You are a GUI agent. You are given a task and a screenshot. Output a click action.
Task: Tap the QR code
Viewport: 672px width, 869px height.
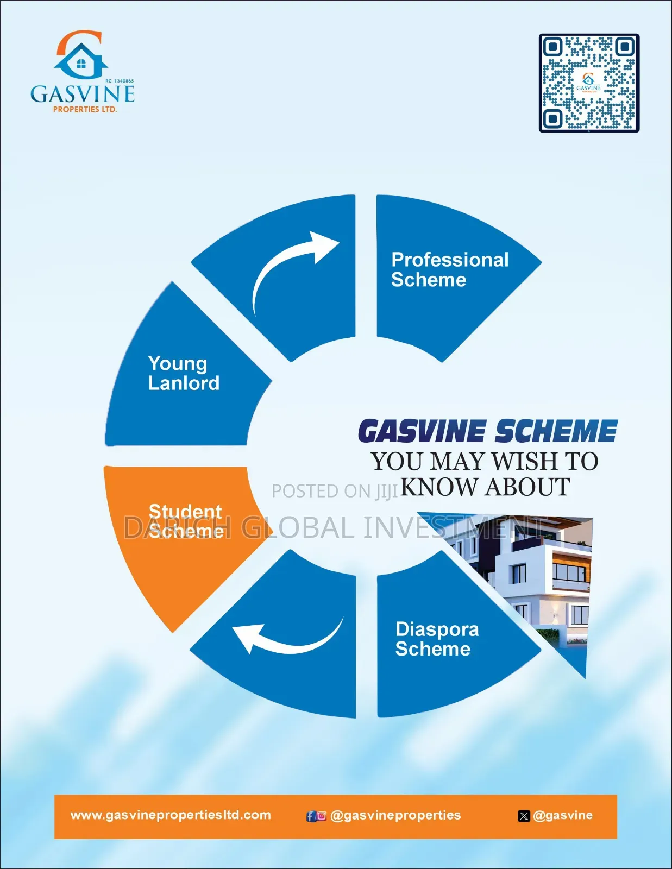point(589,83)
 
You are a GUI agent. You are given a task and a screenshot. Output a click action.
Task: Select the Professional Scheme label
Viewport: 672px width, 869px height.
point(450,269)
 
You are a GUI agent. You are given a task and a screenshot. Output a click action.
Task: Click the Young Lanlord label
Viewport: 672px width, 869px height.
point(184,373)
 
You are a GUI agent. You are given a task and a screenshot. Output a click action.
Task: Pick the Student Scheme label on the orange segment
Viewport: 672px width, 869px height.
point(186,521)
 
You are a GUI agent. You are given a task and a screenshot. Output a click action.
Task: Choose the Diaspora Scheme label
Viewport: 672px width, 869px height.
point(437,639)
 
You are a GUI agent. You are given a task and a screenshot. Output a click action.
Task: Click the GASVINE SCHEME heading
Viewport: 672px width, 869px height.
point(488,431)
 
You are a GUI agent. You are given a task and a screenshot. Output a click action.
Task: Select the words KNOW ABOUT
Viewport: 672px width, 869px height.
point(485,487)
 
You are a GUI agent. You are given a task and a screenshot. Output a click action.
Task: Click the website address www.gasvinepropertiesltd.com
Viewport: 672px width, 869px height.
point(171,815)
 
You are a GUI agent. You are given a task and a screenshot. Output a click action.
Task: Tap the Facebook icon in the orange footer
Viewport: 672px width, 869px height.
point(311,816)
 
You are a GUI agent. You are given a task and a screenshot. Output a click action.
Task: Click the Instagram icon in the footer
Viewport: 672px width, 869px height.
point(322,816)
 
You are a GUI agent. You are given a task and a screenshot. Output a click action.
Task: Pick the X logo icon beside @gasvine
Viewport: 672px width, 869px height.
point(524,816)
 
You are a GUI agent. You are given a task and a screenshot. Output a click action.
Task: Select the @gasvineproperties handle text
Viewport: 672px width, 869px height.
point(395,815)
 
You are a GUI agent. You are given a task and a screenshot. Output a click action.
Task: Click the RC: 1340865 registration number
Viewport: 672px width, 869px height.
point(120,81)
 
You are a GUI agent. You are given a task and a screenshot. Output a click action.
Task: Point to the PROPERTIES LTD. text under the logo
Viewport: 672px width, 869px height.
point(85,109)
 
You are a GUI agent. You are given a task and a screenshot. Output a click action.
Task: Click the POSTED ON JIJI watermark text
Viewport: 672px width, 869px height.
point(335,491)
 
